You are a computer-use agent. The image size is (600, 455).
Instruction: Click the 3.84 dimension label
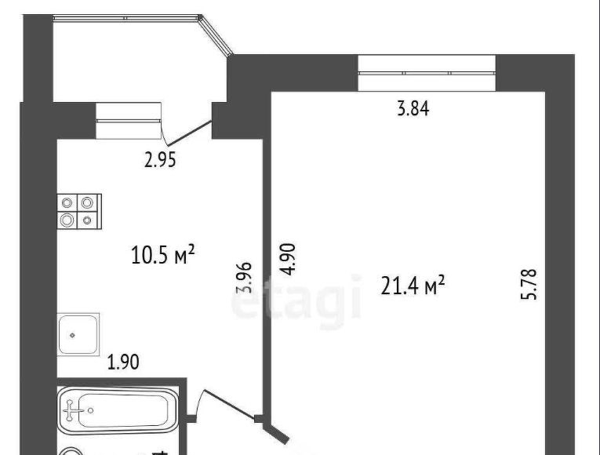pyautogui.click(x=413, y=108)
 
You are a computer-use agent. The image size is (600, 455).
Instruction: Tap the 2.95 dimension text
pyautogui.click(x=160, y=160)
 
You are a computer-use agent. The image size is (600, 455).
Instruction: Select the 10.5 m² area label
pyautogui.click(x=163, y=255)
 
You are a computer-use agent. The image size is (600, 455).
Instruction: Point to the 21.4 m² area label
pyautogui.click(x=413, y=286)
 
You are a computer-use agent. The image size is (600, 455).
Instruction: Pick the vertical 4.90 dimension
pyautogui.click(x=288, y=259)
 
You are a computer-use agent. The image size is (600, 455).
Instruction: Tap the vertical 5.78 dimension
pyautogui.click(x=530, y=284)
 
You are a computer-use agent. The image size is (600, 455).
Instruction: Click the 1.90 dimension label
pyautogui.click(x=123, y=362)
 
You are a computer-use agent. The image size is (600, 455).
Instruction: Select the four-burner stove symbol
pyautogui.click(x=79, y=212)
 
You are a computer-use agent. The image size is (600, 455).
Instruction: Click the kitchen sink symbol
pyautogui.click(x=78, y=334)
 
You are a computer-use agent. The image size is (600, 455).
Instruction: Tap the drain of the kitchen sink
pyautogui.click(x=72, y=335)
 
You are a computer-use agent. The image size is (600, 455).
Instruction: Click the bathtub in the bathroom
pyautogui.click(x=118, y=410)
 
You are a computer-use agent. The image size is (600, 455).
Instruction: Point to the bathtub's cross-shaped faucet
pyautogui.click(x=71, y=410)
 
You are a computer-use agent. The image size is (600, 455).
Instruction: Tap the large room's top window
pyautogui.click(x=427, y=73)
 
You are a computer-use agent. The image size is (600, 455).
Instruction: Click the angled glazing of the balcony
pyautogui.click(x=216, y=35)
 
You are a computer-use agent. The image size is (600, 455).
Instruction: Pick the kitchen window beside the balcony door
pyautogui.click(x=128, y=121)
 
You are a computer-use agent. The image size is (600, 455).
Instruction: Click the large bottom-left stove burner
pyautogui.click(x=67, y=220)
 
